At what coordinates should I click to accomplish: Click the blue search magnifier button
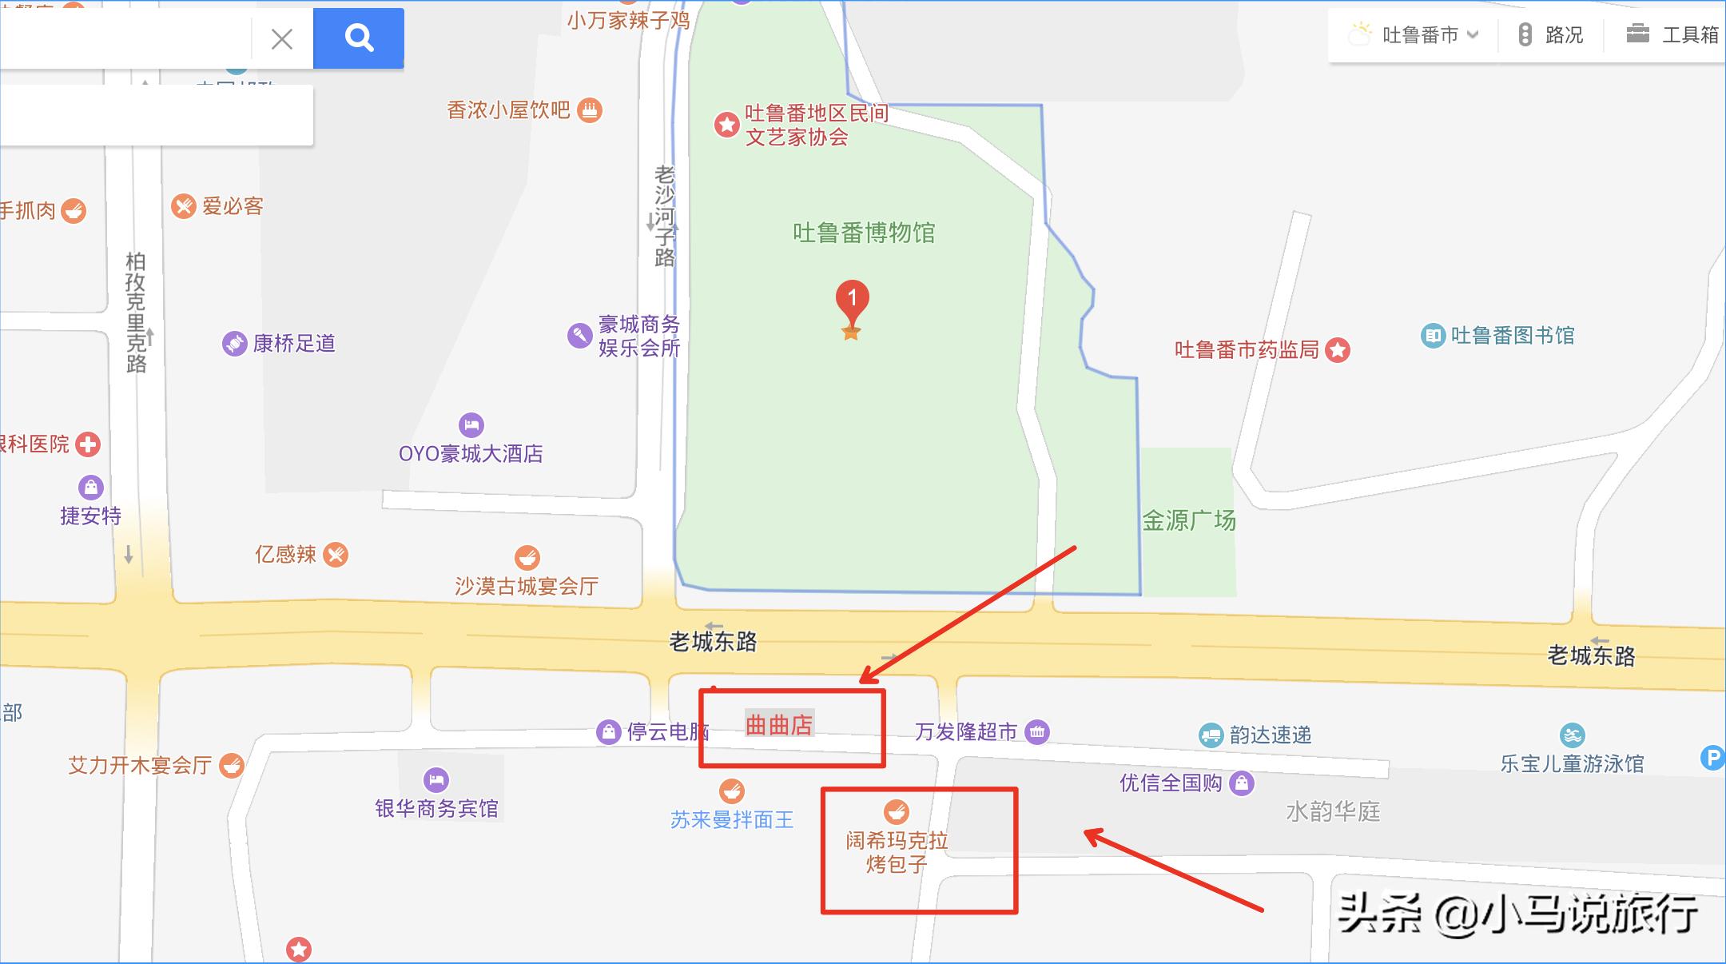coord(359,38)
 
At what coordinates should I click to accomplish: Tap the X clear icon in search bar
coord(281,38)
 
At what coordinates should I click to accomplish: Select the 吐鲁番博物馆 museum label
coord(864,233)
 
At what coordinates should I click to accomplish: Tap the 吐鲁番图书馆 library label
coord(1512,335)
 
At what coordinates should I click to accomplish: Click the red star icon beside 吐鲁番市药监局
coord(1338,350)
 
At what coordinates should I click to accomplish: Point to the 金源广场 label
coord(1188,521)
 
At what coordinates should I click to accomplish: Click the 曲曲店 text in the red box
coord(779,725)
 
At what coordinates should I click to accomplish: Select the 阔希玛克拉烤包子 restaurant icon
coord(897,812)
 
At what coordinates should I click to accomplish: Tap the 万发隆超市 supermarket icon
coord(1037,731)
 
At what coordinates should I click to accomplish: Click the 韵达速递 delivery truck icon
coord(1211,735)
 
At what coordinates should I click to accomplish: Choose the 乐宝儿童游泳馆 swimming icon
coord(1572,735)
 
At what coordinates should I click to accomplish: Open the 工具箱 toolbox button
coord(1673,35)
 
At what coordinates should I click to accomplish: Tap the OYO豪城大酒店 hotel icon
coord(471,424)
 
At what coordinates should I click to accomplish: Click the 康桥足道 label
coord(294,344)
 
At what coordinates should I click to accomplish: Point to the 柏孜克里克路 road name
coord(136,312)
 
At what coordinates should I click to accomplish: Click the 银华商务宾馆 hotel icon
coord(435,779)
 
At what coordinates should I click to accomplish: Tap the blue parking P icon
coord(1712,758)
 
